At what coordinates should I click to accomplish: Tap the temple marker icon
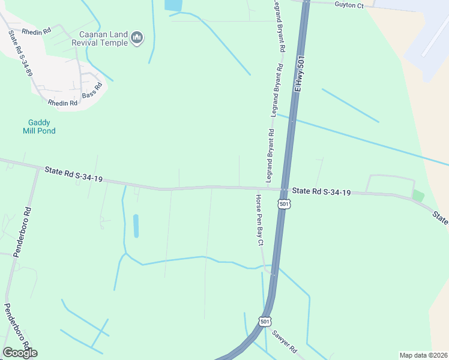click(137, 39)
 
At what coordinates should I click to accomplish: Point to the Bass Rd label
click(92, 91)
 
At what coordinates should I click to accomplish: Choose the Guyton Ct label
click(349, 5)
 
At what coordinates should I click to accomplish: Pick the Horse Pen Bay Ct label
click(259, 220)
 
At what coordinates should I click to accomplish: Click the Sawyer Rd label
click(285, 341)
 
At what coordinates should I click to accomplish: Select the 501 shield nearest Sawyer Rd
click(265, 322)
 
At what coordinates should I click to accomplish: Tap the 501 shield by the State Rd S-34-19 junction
click(284, 204)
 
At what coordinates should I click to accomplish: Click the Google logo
click(20, 353)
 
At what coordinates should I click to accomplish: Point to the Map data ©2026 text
click(423, 355)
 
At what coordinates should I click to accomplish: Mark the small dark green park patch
click(418, 196)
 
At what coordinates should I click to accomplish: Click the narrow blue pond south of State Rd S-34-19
click(136, 226)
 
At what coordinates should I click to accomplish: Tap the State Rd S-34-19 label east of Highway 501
click(321, 192)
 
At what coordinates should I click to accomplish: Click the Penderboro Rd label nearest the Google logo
click(16, 326)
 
